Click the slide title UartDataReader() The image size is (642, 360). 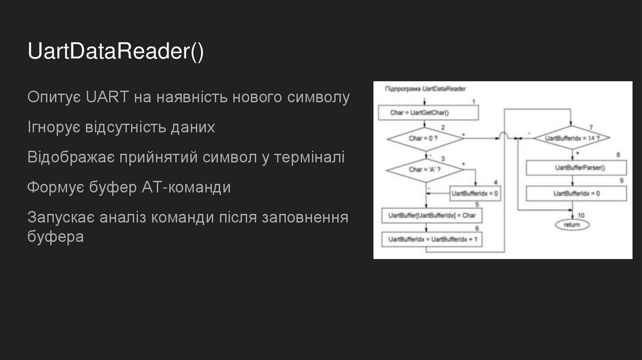pos(116,52)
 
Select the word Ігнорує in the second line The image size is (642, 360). pos(54,127)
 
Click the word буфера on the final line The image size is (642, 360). pos(55,237)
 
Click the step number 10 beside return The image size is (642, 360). pos(581,215)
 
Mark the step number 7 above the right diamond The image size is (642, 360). pos(591,127)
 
